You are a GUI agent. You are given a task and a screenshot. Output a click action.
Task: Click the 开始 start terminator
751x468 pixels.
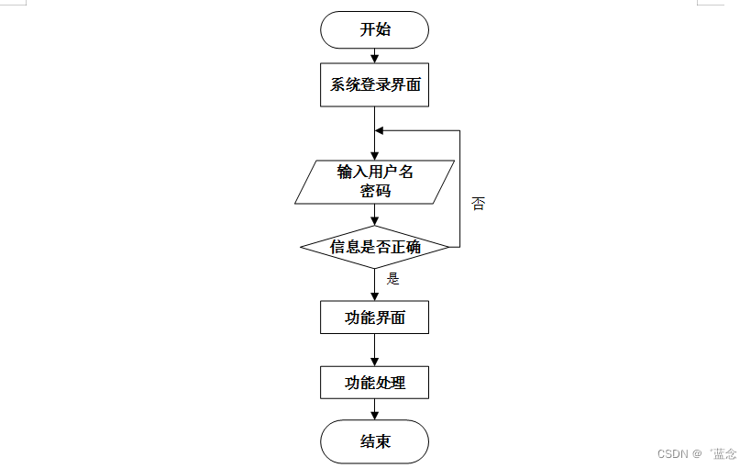pyautogui.click(x=374, y=29)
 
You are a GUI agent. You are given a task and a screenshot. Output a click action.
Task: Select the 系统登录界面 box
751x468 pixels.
pyautogui.click(x=374, y=85)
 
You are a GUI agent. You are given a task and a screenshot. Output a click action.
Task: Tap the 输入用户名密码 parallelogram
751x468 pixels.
pyautogui.click(x=375, y=181)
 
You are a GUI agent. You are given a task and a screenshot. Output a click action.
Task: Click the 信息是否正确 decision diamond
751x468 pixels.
pyautogui.click(x=374, y=247)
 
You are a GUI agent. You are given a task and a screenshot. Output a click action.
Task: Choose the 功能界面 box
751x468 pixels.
pyautogui.click(x=374, y=318)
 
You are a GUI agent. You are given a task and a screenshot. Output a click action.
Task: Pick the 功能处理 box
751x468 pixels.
pyautogui.click(x=374, y=382)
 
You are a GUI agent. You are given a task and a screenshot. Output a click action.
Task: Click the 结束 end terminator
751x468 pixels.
pyautogui.click(x=374, y=441)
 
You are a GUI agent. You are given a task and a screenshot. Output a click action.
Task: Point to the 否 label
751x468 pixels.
pyautogui.click(x=478, y=203)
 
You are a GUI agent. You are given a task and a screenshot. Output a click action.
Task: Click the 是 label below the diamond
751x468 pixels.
pyautogui.click(x=393, y=279)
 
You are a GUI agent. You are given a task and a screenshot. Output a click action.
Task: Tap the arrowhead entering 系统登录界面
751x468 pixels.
pyautogui.click(x=374, y=58)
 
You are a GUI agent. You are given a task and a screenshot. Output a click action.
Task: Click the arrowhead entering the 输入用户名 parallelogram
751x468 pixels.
pyautogui.click(x=374, y=155)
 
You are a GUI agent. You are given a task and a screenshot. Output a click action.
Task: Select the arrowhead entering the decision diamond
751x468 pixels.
pyautogui.click(x=374, y=220)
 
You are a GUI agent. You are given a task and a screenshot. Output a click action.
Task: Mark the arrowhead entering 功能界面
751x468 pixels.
pyautogui.click(x=374, y=295)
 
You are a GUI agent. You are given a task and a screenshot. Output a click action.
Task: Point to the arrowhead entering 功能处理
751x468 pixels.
pyautogui.click(x=374, y=361)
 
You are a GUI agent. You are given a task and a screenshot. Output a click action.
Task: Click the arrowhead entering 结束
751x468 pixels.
pyautogui.click(x=374, y=415)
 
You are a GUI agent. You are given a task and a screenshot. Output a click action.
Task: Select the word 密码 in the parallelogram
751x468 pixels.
pyautogui.click(x=375, y=191)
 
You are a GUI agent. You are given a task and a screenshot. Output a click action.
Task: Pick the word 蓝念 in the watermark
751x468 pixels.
pyautogui.click(x=724, y=453)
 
